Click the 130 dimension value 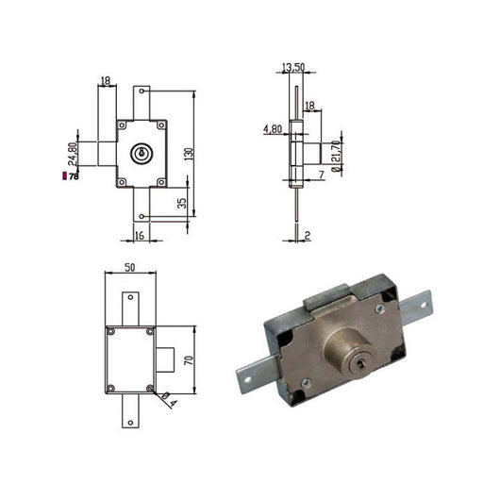(x=189, y=154)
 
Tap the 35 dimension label (x=182, y=204)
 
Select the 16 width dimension (x=140, y=235)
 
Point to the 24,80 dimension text (x=73, y=154)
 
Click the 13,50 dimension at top (x=293, y=68)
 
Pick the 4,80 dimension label (x=273, y=129)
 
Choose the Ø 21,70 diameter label (x=336, y=157)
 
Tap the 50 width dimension (x=130, y=268)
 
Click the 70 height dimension (x=189, y=360)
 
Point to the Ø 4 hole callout (x=169, y=400)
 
